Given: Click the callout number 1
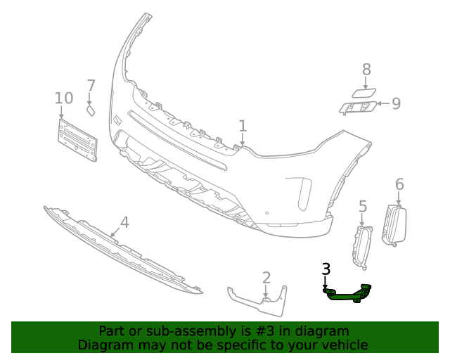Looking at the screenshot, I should (x=243, y=126).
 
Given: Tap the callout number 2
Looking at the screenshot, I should (x=266, y=278).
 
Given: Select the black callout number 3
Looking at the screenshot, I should (x=326, y=269).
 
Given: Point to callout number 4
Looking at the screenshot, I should (x=124, y=223).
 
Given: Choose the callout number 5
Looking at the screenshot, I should (x=363, y=206).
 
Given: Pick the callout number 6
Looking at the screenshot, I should (x=399, y=184).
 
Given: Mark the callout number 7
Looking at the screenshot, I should (x=91, y=86).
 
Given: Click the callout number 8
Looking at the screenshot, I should (x=366, y=69).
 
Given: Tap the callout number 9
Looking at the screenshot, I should (x=396, y=104).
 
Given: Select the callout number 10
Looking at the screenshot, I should (x=63, y=98).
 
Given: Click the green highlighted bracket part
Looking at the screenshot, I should (x=348, y=295).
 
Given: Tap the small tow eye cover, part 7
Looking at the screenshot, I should (x=91, y=110).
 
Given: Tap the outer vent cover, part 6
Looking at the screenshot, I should (x=394, y=225).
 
